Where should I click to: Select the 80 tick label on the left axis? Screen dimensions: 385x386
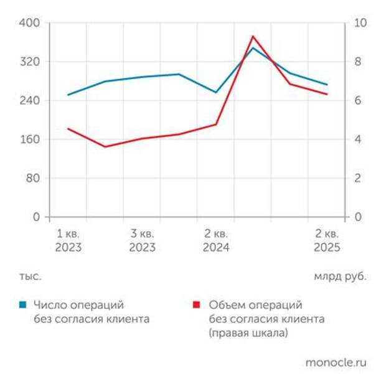(x=33, y=178)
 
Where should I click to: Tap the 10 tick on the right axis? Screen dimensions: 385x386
(x=360, y=23)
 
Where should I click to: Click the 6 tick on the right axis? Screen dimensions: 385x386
(x=358, y=101)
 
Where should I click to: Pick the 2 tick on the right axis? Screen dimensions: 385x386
(x=358, y=178)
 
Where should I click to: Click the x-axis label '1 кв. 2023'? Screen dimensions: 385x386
(x=68, y=240)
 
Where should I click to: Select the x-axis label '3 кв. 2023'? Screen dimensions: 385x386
(x=142, y=240)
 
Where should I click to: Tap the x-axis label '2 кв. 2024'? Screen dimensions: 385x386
(x=216, y=240)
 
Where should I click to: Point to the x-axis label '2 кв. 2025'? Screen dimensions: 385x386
(x=327, y=240)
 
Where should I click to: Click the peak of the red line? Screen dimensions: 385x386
(x=253, y=36)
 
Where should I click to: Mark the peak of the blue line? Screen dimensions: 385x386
(x=253, y=47)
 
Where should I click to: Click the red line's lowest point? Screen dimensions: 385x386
(x=105, y=147)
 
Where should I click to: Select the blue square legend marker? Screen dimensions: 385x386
(x=22, y=305)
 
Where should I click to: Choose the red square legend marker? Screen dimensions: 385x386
(x=197, y=305)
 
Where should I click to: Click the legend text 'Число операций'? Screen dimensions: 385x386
(x=78, y=305)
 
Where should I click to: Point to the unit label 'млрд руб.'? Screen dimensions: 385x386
(x=339, y=276)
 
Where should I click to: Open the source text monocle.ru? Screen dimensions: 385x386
(x=336, y=362)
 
